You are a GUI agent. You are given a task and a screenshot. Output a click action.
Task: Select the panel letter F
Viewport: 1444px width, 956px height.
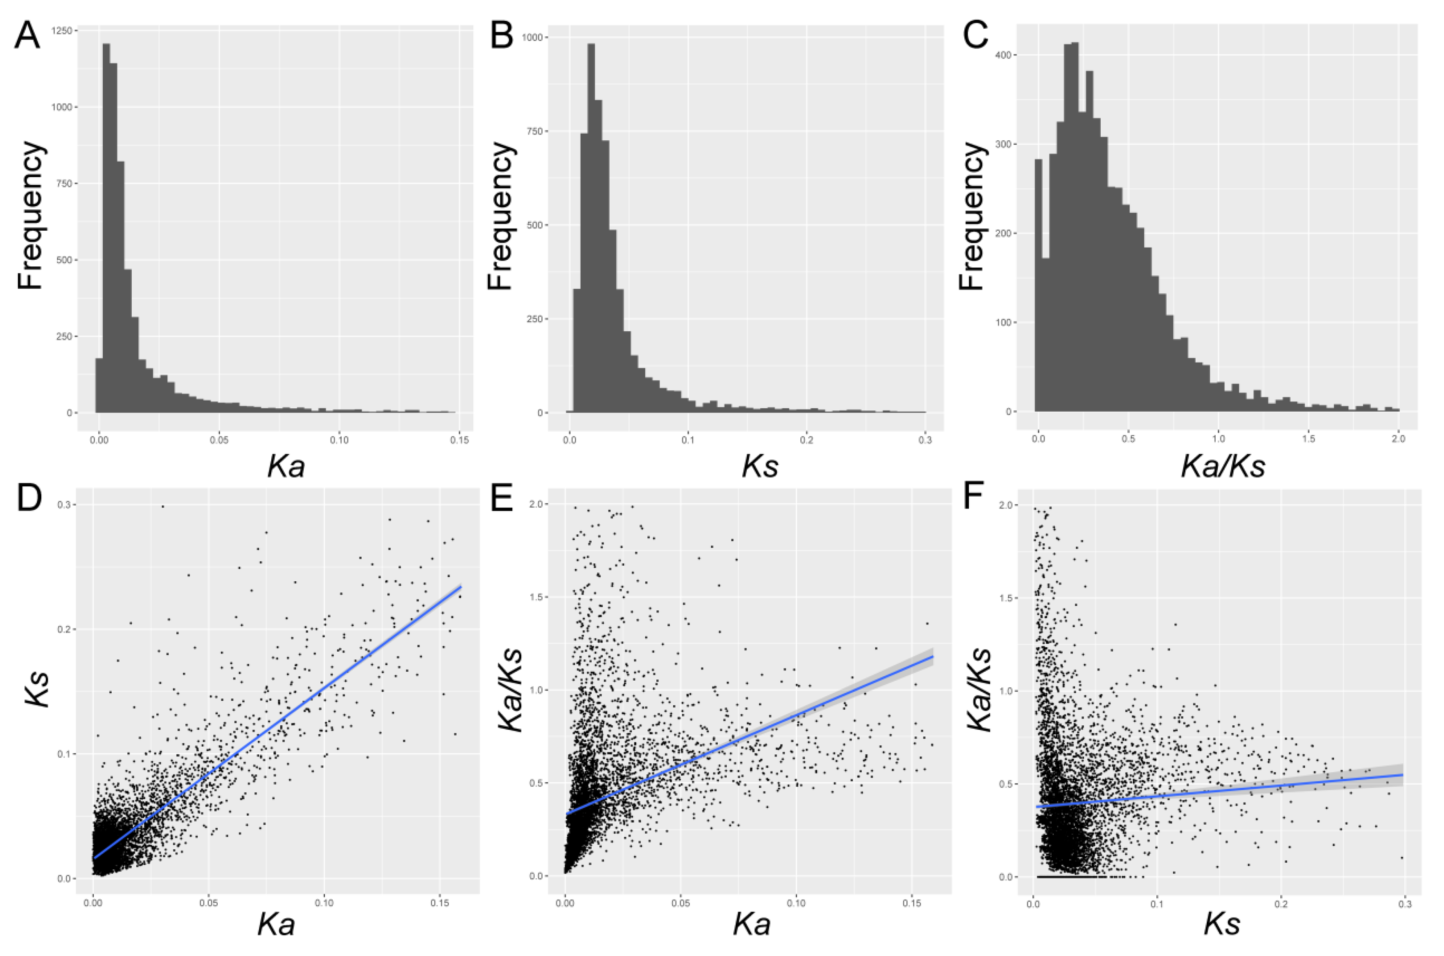[974, 498]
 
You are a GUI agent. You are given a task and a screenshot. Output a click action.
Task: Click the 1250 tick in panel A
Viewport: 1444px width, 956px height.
[63, 31]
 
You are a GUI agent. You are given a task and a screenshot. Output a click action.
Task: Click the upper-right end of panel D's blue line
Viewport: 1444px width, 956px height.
[460, 587]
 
